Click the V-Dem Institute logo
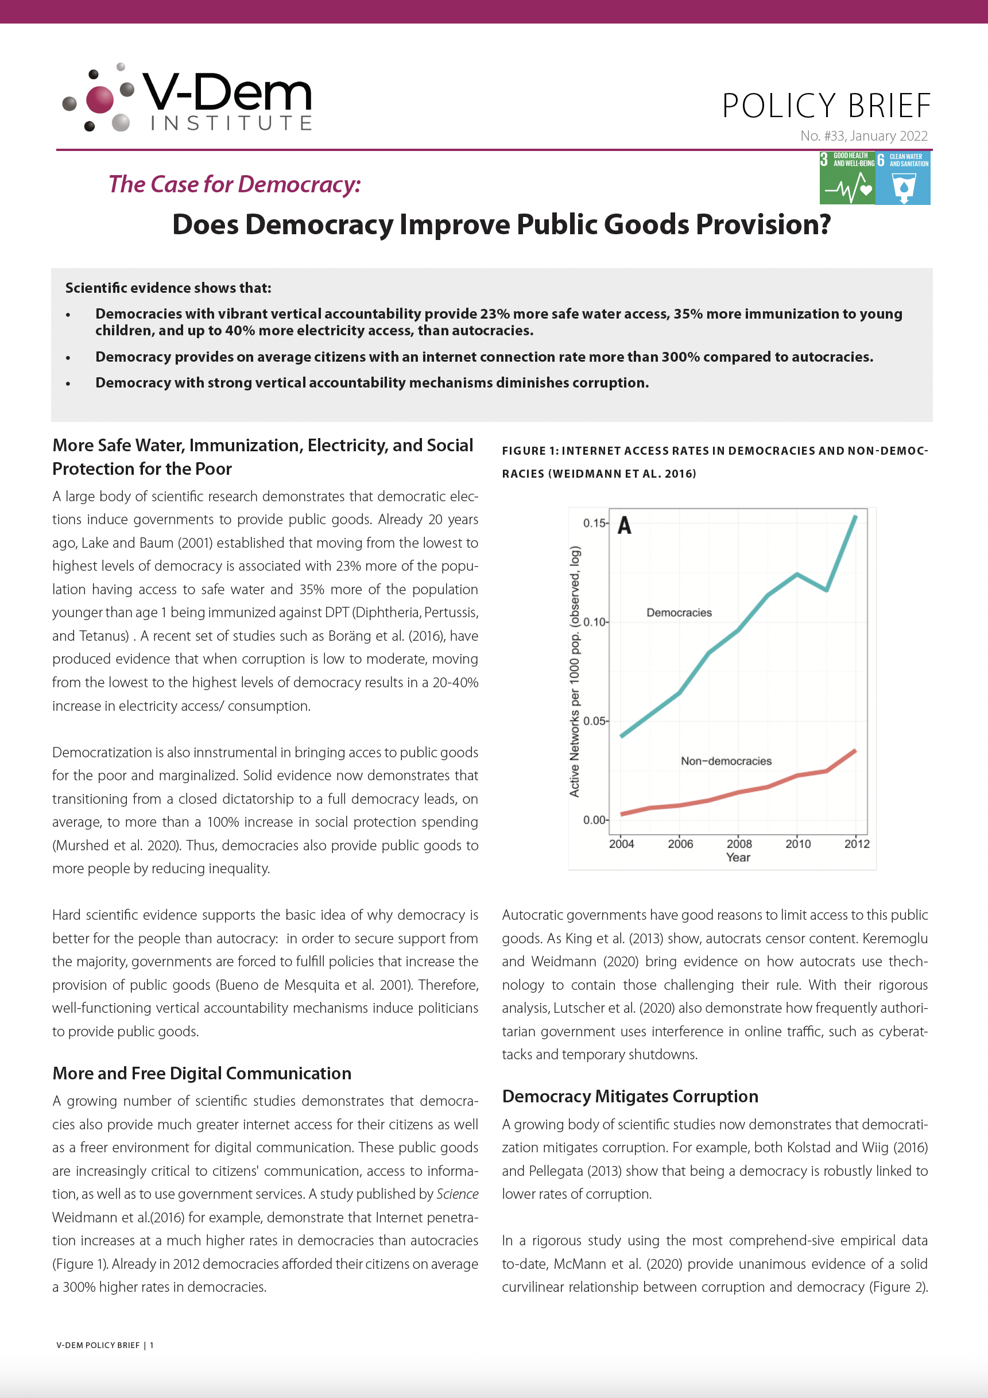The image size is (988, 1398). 187,98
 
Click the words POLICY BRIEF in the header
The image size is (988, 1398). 826,106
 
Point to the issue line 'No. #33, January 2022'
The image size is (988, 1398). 864,136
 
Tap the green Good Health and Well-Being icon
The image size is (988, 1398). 847,178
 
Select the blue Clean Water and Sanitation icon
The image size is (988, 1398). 903,178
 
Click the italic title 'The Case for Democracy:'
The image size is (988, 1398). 234,184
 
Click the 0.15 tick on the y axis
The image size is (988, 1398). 594,523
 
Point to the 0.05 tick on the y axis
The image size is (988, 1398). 594,721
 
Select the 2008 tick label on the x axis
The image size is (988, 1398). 739,844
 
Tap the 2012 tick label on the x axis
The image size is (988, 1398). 857,844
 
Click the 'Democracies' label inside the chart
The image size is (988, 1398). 679,613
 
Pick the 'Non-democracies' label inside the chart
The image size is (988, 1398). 726,761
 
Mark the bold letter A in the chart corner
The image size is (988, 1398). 625,525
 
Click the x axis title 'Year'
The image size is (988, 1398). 738,857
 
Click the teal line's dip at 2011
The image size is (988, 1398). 826,590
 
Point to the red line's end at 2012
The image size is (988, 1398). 855,751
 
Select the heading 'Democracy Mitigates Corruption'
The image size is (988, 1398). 630,1097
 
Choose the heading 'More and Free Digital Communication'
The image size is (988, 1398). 202,1074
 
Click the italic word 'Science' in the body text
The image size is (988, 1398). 457,1194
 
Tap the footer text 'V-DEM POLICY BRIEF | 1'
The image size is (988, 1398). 104,1345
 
